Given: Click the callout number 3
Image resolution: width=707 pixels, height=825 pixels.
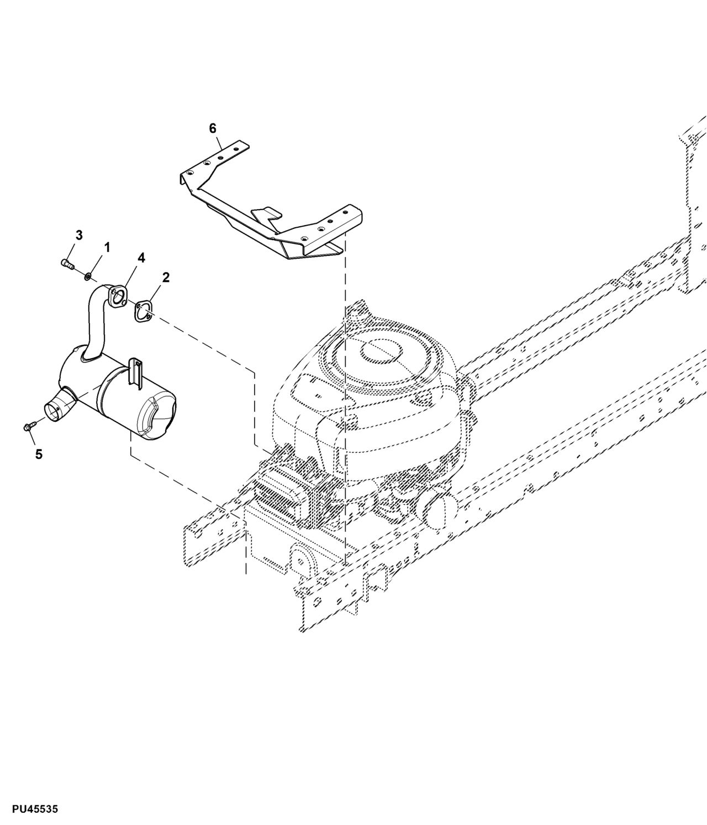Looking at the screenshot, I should (x=79, y=235).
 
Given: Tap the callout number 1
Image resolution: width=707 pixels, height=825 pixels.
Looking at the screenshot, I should (x=107, y=247).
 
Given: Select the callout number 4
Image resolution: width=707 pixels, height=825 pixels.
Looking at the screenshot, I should (x=141, y=258).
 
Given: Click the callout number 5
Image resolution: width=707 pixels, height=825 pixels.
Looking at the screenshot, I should (x=39, y=454).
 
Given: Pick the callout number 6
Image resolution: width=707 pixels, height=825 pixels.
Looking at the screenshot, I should (x=213, y=128).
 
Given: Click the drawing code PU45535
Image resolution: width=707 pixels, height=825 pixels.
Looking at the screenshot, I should (x=30, y=810).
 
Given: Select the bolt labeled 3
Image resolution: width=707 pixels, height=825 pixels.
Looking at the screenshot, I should (x=67, y=264).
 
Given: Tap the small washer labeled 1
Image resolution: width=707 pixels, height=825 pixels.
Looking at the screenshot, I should (x=88, y=275).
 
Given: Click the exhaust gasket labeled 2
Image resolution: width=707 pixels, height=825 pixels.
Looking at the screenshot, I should (x=143, y=310).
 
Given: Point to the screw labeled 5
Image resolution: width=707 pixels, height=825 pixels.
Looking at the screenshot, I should (x=28, y=426).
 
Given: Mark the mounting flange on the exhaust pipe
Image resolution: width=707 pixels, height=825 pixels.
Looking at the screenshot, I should (x=117, y=296).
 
